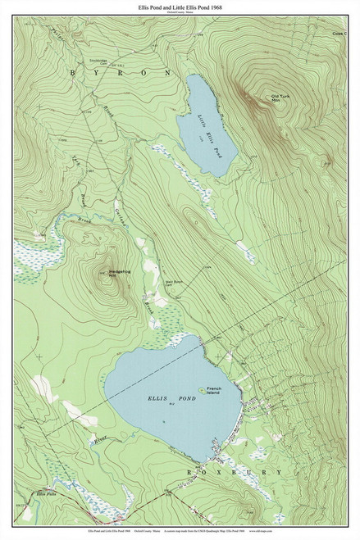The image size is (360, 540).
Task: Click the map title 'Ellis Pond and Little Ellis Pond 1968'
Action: [x=180, y=6]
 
